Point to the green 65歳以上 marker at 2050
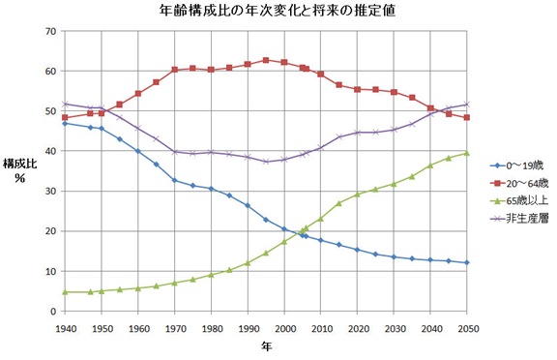468,153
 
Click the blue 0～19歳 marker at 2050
468,262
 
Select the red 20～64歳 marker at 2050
468,117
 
